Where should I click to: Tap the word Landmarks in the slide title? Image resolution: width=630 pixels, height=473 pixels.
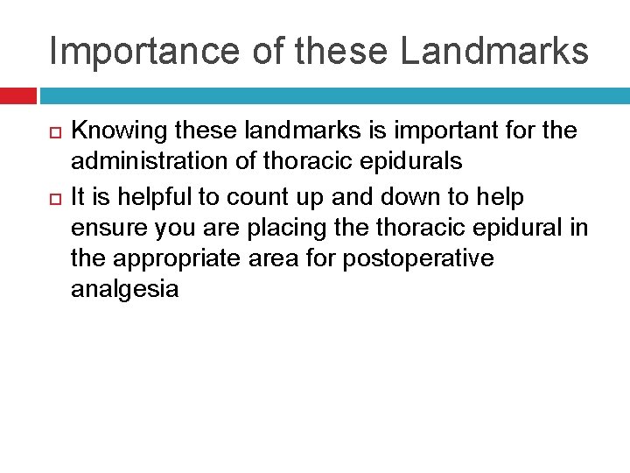(494, 51)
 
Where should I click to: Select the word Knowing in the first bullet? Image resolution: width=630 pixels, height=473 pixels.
(119, 131)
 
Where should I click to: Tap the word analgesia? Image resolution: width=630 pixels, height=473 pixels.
(124, 290)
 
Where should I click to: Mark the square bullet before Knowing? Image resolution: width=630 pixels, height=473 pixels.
(52, 131)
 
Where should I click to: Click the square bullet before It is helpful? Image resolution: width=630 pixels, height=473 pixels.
(52, 195)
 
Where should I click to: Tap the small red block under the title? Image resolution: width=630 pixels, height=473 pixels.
(17, 95)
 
